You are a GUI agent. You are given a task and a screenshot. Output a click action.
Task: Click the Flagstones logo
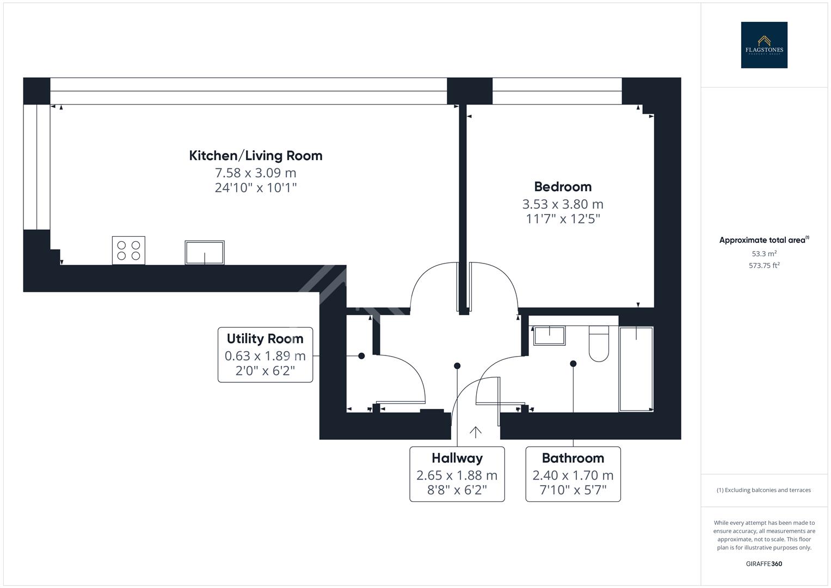(x=764, y=45)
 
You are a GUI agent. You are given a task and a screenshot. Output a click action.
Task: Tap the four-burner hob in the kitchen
(x=128, y=250)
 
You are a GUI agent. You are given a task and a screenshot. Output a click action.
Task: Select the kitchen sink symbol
(x=205, y=253)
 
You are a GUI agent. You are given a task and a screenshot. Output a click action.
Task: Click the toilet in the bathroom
(x=599, y=344)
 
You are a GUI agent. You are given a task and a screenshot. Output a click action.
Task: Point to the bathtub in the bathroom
(x=636, y=369)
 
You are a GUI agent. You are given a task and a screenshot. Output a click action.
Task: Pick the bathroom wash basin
(x=549, y=335)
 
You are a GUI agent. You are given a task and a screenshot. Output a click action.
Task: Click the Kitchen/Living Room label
(x=255, y=156)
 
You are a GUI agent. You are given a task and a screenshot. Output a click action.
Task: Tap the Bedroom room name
(x=563, y=187)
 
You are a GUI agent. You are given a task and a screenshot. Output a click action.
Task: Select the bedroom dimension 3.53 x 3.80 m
(x=563, y=204)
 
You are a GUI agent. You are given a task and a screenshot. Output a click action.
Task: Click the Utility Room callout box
(x=265, y=355)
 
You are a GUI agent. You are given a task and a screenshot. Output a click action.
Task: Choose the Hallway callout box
(x=457, y=474)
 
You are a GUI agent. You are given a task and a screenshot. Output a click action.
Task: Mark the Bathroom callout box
(x=573, y=474)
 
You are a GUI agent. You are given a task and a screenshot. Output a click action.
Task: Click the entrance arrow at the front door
(x=476, y=432)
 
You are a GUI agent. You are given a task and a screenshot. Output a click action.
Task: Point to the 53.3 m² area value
(x=764, y=254)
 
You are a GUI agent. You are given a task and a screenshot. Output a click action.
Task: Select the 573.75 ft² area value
(x=764, y=266)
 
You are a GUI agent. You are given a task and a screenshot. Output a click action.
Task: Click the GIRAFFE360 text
(x=764, y=563)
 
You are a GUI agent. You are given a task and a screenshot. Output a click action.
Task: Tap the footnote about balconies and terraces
(x=764, y=490)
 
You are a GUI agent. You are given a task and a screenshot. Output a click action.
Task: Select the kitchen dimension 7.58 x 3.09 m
(x=255, y=173)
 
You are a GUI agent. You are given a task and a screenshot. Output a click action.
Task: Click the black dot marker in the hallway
(x=457, y=366)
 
